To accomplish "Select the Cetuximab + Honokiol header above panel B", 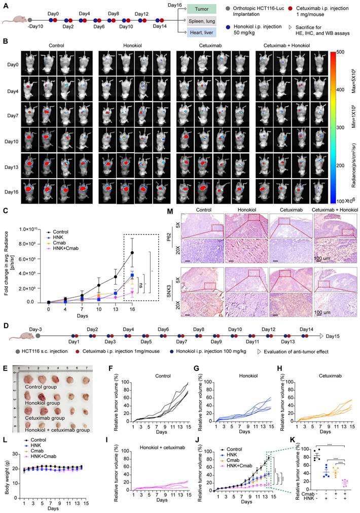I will click(290, 45).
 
